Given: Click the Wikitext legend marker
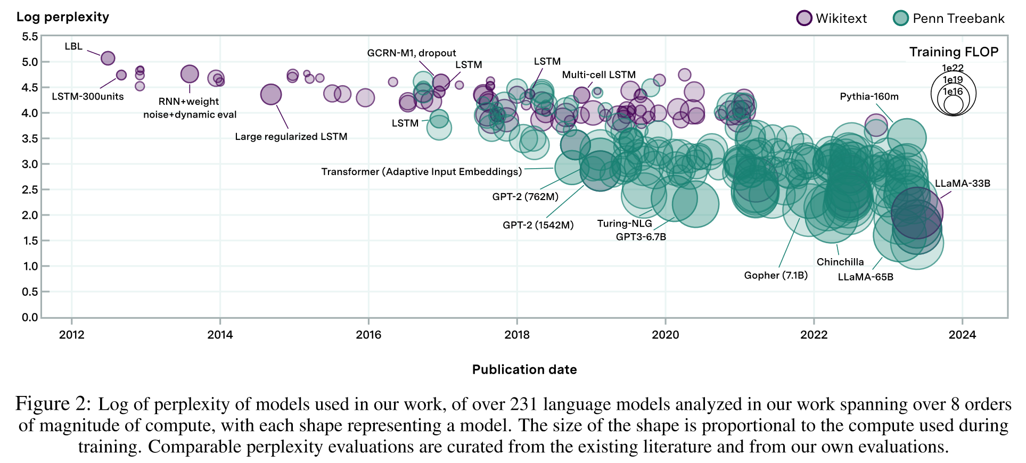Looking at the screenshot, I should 804,18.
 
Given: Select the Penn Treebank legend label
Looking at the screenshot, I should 958,19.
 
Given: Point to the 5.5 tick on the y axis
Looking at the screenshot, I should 30,37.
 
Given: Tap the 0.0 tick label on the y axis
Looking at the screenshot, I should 30,318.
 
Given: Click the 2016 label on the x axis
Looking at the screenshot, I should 368,335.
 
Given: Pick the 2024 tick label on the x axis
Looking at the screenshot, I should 962,335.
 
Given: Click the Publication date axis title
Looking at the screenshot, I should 524,370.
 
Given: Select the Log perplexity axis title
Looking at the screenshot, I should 63,17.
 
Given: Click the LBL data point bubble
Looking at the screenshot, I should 108,58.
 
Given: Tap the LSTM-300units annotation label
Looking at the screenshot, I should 88,97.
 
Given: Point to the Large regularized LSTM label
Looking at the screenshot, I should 291,137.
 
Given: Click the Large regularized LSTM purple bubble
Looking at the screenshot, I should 271,95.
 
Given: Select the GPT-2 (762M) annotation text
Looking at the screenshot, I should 526,197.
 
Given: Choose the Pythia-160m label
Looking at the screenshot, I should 869,97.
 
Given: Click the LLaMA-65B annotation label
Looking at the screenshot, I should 866,277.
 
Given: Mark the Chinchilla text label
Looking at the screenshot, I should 840,262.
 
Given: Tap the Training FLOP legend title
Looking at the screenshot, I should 954,52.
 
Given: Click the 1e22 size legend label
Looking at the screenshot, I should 953,68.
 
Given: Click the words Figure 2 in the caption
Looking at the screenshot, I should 53,404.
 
